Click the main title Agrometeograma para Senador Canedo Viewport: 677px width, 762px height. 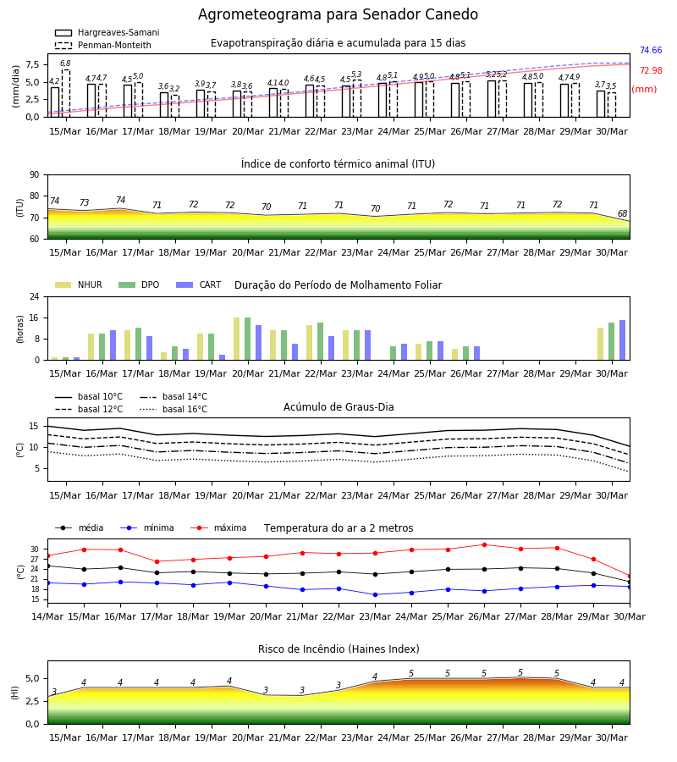coord(338,14)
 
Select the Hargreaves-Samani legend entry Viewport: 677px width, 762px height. coord(107,32)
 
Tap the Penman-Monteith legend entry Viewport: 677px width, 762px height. coord(103,45)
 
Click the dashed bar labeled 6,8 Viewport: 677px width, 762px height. coord(65,93)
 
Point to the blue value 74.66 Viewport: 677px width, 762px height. coord(651,50)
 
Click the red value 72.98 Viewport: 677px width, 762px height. coord(651,70)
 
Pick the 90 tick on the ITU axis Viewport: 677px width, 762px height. coord(35,175)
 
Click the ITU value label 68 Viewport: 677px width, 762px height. coord(623,213)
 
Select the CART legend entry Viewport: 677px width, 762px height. coord(199,284)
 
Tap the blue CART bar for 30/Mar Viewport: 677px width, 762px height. coord(623,340)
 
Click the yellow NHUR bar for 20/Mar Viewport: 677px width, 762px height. coord(236,339)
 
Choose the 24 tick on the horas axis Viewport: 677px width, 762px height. coord(35,296)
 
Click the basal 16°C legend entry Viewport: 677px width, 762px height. coord(173,410)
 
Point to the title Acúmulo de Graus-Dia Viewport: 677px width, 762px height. coord(338,407)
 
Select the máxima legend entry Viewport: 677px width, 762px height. coord(218,527)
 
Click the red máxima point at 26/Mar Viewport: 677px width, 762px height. coord(484,544)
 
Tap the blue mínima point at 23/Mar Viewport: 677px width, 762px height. coord(375,595)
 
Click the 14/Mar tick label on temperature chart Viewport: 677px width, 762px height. coord(47,616)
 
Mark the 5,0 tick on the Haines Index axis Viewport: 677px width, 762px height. coord(33,678)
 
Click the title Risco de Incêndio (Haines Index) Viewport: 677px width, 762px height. coord(338,649)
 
